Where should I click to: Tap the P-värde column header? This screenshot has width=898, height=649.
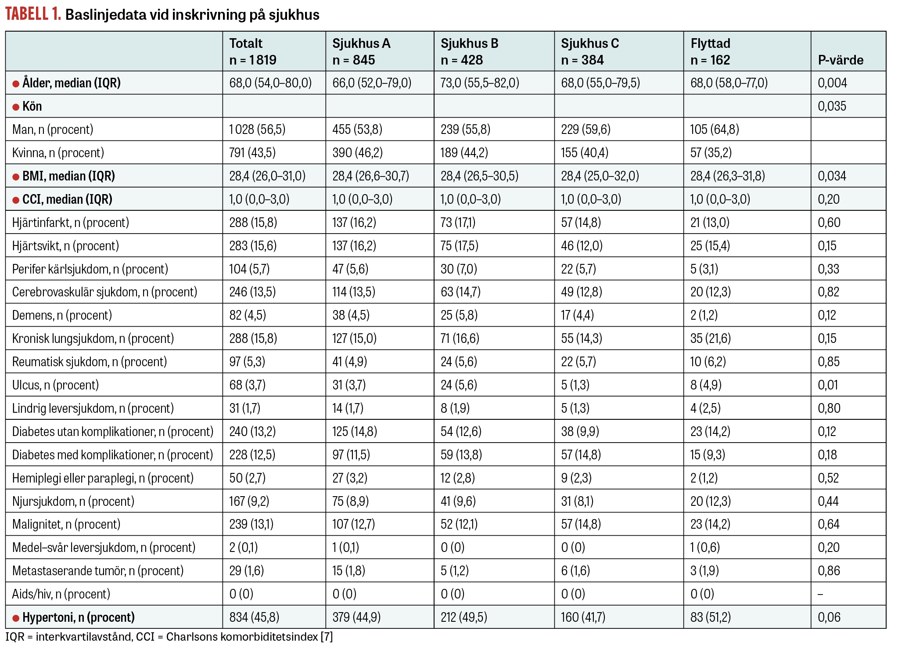(841, 60)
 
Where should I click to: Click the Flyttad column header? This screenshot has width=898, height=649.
(710, 51)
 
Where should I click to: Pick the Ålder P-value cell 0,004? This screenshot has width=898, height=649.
(832, 83)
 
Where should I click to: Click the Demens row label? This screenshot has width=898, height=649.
(62, 315)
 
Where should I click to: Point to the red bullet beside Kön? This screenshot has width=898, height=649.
(16, 107)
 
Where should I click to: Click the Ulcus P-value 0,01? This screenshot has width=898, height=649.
(828, 385)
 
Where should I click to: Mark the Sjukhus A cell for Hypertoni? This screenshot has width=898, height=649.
(356, 617)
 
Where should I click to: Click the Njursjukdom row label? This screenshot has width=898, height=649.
(73, 501)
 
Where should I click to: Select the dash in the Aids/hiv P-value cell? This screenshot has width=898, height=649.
(820, 595)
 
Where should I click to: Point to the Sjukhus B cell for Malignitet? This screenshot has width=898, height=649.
(459, 524)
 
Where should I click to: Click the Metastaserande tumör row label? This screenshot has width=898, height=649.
(98, 571)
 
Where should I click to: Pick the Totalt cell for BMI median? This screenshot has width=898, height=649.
(267, 176)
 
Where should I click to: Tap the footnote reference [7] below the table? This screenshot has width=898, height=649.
(327, 637)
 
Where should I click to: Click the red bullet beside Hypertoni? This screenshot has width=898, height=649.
(16, 618)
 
